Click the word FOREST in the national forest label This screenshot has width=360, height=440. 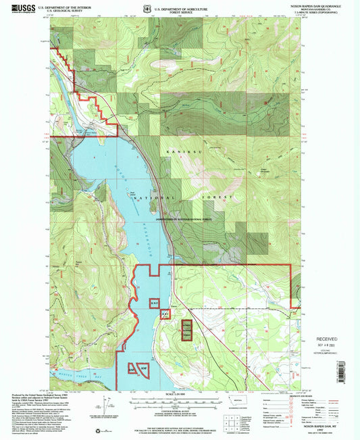coord(217,197)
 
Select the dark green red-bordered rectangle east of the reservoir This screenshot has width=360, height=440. coord(185,331)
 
